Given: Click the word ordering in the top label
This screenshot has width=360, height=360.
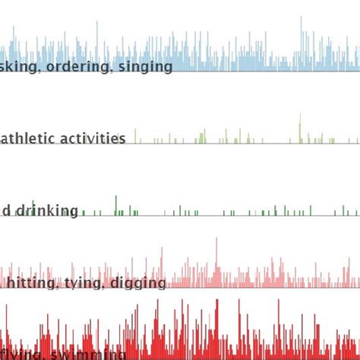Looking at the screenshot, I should [81, 67].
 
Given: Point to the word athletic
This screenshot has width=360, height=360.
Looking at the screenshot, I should [29, 138].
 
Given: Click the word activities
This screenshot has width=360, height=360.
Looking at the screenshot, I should [93, 138].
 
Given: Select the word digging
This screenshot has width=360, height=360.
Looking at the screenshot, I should [139, 284].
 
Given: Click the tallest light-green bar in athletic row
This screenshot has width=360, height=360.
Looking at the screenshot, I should [300, 128].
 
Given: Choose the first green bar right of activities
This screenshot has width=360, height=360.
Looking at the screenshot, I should [135, 136].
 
